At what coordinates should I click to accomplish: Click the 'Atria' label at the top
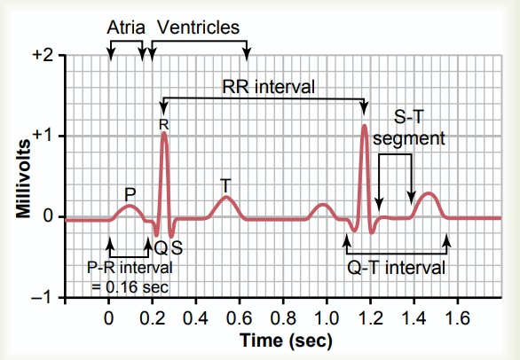point(126,27)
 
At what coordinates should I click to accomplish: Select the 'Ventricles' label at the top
point(197,27)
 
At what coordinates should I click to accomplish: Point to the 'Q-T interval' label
point(396,266)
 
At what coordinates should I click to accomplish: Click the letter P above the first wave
point(130,192)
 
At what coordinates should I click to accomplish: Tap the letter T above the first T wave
point(225,184)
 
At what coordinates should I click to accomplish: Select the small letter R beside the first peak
point(162,127)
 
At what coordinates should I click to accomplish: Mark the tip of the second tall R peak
point(364,126)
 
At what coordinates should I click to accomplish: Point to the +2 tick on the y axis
point(42,55)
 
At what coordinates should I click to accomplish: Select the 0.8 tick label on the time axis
point(284,317)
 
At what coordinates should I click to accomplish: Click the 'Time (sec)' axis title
point(284,340)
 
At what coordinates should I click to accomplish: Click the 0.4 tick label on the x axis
point(196,317)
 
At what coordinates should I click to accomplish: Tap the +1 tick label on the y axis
point(42,136)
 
